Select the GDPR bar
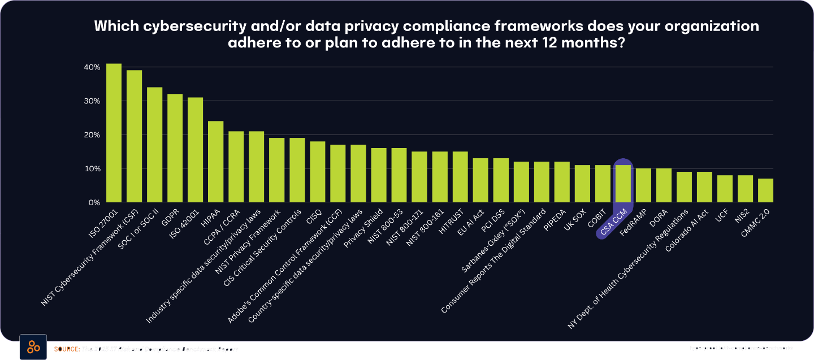point(175,148)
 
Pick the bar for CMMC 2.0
point(765,190)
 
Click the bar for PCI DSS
point(500,180)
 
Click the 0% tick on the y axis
point(94,202)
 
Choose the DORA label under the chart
point(660,218)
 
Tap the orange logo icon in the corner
point(33,347)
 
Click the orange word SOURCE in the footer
point(66,349)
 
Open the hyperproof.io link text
point(741,348)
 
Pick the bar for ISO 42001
point(195,150)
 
